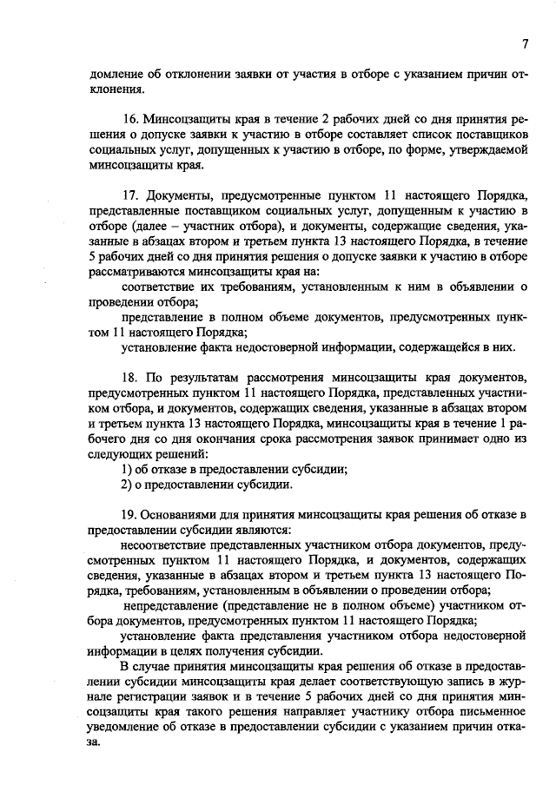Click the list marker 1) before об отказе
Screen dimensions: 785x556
127,470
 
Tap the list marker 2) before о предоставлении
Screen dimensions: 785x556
127,485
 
